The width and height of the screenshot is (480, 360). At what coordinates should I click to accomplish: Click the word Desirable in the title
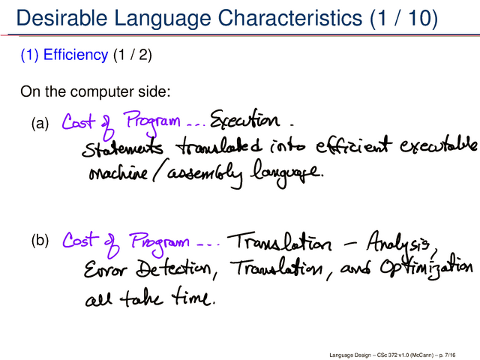61,18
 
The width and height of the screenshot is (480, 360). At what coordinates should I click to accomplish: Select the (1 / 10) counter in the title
403,18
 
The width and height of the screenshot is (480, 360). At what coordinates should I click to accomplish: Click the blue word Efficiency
76,55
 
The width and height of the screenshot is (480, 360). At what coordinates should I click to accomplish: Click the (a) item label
40,123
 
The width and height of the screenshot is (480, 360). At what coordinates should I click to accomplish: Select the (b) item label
40,240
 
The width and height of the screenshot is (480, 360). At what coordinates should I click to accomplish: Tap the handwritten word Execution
245,119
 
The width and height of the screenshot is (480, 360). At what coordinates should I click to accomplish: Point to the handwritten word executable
438,145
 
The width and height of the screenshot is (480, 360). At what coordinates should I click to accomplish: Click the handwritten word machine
118,173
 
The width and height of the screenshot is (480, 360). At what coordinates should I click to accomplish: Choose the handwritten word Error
105,269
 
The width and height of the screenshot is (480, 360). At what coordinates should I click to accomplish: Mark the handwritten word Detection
174,268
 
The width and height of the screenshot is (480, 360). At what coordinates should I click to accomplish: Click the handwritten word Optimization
427,268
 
